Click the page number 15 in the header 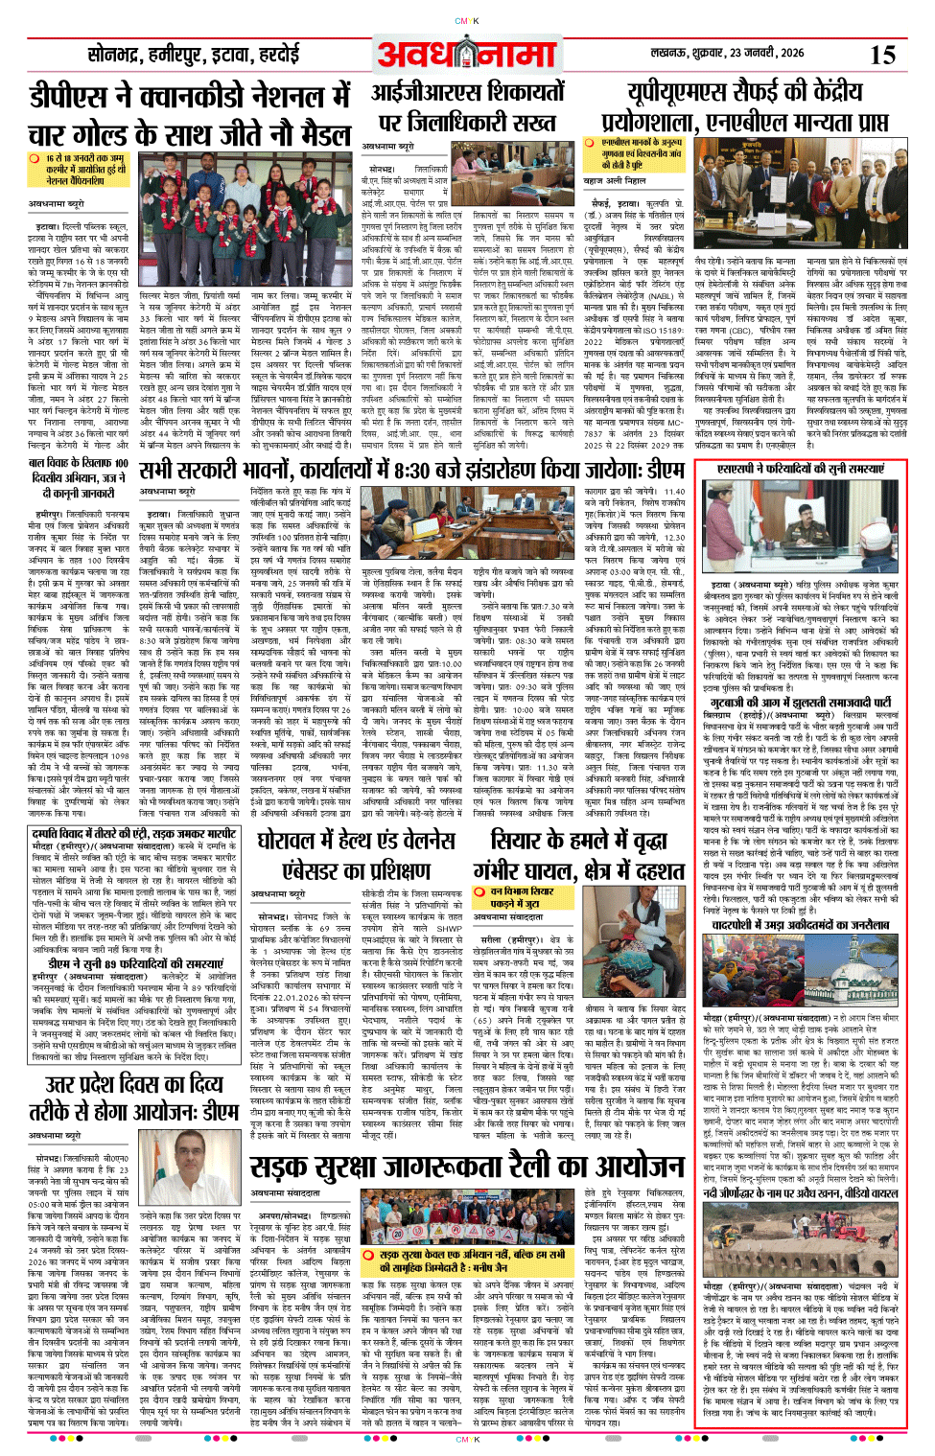point(882,56)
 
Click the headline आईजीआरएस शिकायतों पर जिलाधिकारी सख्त point(468,106)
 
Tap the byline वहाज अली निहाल point(615,180)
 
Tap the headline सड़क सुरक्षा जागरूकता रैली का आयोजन point(467,1166)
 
